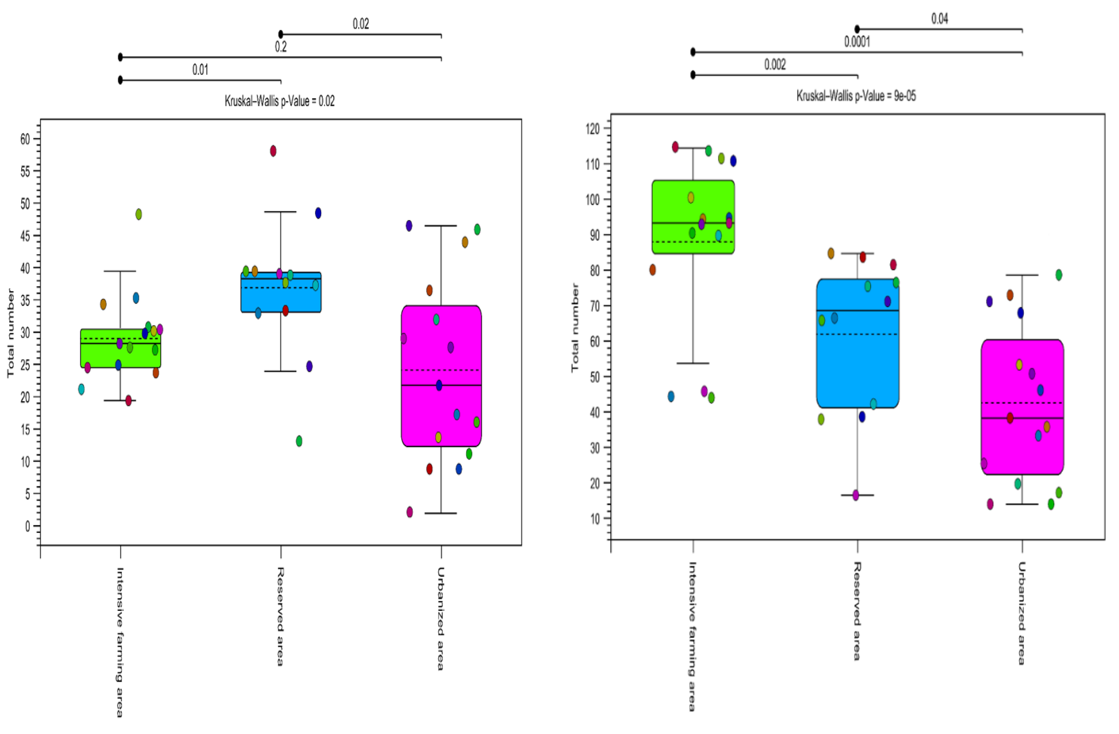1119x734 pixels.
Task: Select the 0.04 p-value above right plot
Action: pos(940,19)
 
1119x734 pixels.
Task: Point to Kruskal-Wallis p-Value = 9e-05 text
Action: pos(856,96)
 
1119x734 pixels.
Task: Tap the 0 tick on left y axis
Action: pos(28,526)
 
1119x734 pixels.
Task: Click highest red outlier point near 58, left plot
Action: pos(273,151)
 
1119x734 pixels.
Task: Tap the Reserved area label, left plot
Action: pos(280,616)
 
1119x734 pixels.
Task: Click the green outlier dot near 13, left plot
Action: pos(299,441)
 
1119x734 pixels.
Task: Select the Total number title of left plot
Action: pos(10,333)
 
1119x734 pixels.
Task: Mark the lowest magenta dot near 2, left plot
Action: pos(410,512)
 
